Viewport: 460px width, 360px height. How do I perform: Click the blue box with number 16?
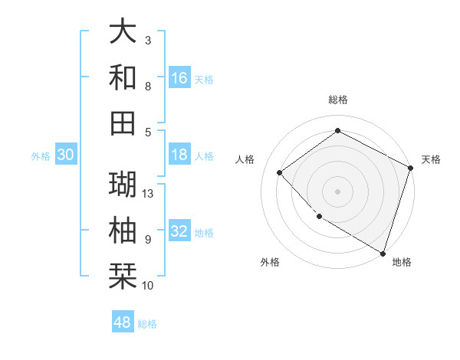click(179, 77)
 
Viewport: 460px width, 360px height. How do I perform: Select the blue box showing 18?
click(179, 155)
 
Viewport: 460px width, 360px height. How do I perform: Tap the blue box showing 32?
click(179, 232)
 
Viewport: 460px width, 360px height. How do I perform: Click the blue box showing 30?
click(66, 155)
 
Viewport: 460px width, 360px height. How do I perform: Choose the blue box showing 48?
click(123, 322)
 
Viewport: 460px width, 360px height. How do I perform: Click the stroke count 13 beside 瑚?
click(149, 193)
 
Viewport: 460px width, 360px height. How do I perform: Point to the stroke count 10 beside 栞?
click(149, 286)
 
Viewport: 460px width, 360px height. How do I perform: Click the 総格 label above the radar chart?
click(338, 100)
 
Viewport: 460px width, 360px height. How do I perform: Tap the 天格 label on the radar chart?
click(431, 159)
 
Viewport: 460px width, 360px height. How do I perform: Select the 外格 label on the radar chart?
click(270, 262)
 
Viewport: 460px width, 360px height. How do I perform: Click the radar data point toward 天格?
click(410, 168)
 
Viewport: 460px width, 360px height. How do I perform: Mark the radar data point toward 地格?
click(383, 252)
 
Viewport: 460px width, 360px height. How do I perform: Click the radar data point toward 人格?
click(280, 173)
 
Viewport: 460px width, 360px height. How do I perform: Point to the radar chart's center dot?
click(338, 191)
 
